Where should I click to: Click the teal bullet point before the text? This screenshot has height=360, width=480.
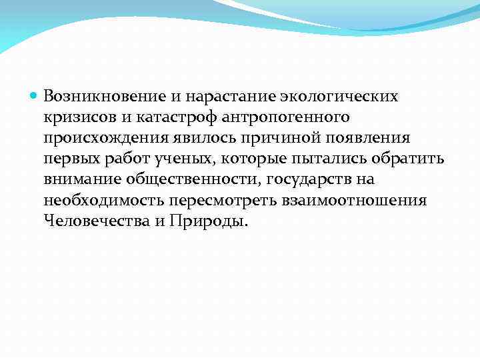pyautogui.click(x=35, y=96)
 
